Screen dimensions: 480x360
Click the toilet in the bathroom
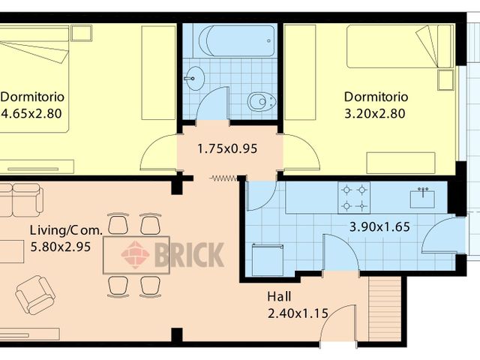click(x=262, y=102)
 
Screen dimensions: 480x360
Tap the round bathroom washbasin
click(x=194, y=78)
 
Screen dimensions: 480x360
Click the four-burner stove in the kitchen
click(x=354, y=198)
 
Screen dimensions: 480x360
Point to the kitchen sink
click(x=422, y=197)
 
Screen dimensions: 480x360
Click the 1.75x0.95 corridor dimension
click(x=227, y=149)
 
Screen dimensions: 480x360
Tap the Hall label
click(x=279, y=296)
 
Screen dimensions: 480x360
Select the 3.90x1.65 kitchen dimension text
click(x=379, y=226)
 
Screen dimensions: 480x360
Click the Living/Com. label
click(x=66, y=230)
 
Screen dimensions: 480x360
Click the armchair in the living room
click(x=35, y=295)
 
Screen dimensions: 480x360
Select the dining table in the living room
click(x=136, y=255)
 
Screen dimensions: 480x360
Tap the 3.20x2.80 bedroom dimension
click(x=375, y=114)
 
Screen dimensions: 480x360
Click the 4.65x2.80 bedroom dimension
click(x=31, y=113)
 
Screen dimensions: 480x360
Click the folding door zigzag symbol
click(x=224, y=178)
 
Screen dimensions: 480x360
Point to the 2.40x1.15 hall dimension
click(x=298, y=313)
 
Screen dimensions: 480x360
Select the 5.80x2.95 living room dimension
click(x=60, y=247)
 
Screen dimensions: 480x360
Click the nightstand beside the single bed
click(x=445, y=80)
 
